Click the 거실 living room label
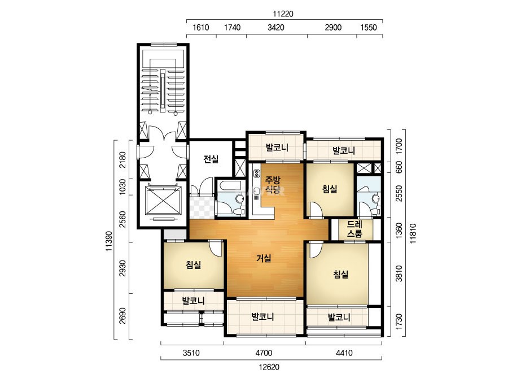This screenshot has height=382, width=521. point(264,258)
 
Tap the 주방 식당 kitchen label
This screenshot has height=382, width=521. point(273,185)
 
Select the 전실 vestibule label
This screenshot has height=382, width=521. point(211,159)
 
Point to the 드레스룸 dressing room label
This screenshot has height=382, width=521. point(354,229)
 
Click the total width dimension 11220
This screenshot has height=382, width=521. point(283,14)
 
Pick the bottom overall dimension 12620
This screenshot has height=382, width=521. point(269,367)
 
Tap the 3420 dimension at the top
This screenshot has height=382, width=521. point(276,28)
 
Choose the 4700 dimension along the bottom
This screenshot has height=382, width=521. point(264,353)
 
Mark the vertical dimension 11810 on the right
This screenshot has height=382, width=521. point(413,233)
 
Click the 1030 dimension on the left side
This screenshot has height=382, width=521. point(122,187)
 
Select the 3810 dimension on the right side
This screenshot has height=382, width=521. point(399,274)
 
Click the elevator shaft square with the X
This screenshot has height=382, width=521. point(164,199)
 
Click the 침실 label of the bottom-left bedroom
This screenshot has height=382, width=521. point(194,265)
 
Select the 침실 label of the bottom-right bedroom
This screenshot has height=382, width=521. point(341,275)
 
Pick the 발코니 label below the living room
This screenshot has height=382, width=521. point(262,316)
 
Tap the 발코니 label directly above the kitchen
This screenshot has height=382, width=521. point(277,147)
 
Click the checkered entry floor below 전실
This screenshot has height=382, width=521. point(202,207)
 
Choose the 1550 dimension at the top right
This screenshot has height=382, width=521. point(369,28)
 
